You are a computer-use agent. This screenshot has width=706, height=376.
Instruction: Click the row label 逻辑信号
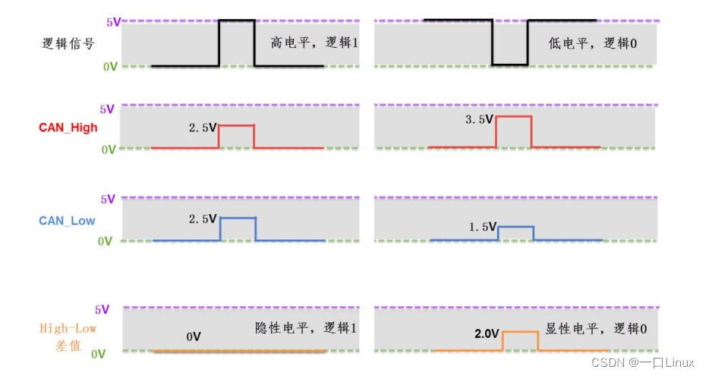[x=68, y=44]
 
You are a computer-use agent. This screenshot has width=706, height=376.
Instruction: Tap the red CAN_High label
[x=68, y=128]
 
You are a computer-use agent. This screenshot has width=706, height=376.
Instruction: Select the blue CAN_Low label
[x=67, y=220]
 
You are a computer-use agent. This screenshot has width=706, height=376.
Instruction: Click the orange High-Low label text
[x=68, y=328]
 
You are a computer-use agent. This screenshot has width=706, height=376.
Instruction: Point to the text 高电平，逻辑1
[x=314, y=43]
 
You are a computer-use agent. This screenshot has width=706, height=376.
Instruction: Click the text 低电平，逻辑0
[x=593, y=43]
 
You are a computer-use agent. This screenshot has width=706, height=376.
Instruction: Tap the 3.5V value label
[x=480, y=119]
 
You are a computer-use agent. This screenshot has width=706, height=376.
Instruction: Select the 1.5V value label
[x=483, y=226]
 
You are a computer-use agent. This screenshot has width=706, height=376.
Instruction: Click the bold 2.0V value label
[x=487, y=333]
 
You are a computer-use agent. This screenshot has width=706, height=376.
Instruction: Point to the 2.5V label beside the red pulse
[x=203, y=128]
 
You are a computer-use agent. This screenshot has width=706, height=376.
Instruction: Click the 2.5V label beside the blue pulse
[x=203, y=220]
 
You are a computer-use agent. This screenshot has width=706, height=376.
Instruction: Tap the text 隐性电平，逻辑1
[x=306, y=328]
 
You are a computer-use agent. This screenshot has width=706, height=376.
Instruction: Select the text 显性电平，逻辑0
[x=596, y=329]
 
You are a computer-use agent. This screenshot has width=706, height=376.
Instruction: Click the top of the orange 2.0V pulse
[x=521, y=332]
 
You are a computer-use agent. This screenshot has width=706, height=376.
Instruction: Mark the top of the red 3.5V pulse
[x=514, y=117]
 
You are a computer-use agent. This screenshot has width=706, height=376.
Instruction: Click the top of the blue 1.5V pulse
[x=516, y=227]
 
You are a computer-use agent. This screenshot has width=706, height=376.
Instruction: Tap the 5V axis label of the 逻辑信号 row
[x=113, y=22]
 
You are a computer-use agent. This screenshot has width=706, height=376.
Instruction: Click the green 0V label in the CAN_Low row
[x=105, y=242]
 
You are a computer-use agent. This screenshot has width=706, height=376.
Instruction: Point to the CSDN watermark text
[x=642, y=362]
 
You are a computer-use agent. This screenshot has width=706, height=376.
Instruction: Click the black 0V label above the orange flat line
[x=194, y=337]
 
